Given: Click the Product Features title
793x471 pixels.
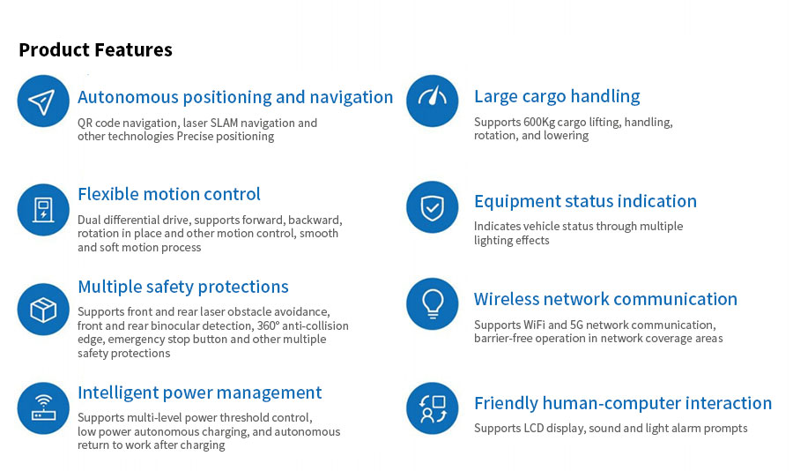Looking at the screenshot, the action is (x=95, y=49).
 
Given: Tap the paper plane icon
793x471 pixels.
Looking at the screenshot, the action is (x=43, y=101).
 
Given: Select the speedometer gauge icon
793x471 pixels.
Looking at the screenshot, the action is (x=432, y=101).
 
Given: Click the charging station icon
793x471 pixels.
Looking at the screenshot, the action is (x=43, y=209).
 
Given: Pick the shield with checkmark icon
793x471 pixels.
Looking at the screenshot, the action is (x=432, y=207).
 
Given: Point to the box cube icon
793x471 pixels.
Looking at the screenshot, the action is (x=43, y=309).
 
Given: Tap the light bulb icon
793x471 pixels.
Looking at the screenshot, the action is (x=432, y=304).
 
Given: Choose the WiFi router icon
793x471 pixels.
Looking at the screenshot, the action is (x=43, y=408).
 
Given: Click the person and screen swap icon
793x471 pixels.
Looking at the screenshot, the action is (x=432, y=408).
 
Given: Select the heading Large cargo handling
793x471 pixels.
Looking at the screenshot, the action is (x=557, y=96).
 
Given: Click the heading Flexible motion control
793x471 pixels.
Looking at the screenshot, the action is (x=169, y=194).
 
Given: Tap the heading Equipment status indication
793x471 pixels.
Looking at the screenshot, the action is (x=585, y=201).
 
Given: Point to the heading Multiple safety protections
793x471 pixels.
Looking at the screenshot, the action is (x=183, y=288).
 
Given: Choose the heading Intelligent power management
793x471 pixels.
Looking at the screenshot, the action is (x=200, y=393).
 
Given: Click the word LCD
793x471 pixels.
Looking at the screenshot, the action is (x=534, y=429).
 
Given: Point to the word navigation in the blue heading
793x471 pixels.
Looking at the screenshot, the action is (x=351, y=97).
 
